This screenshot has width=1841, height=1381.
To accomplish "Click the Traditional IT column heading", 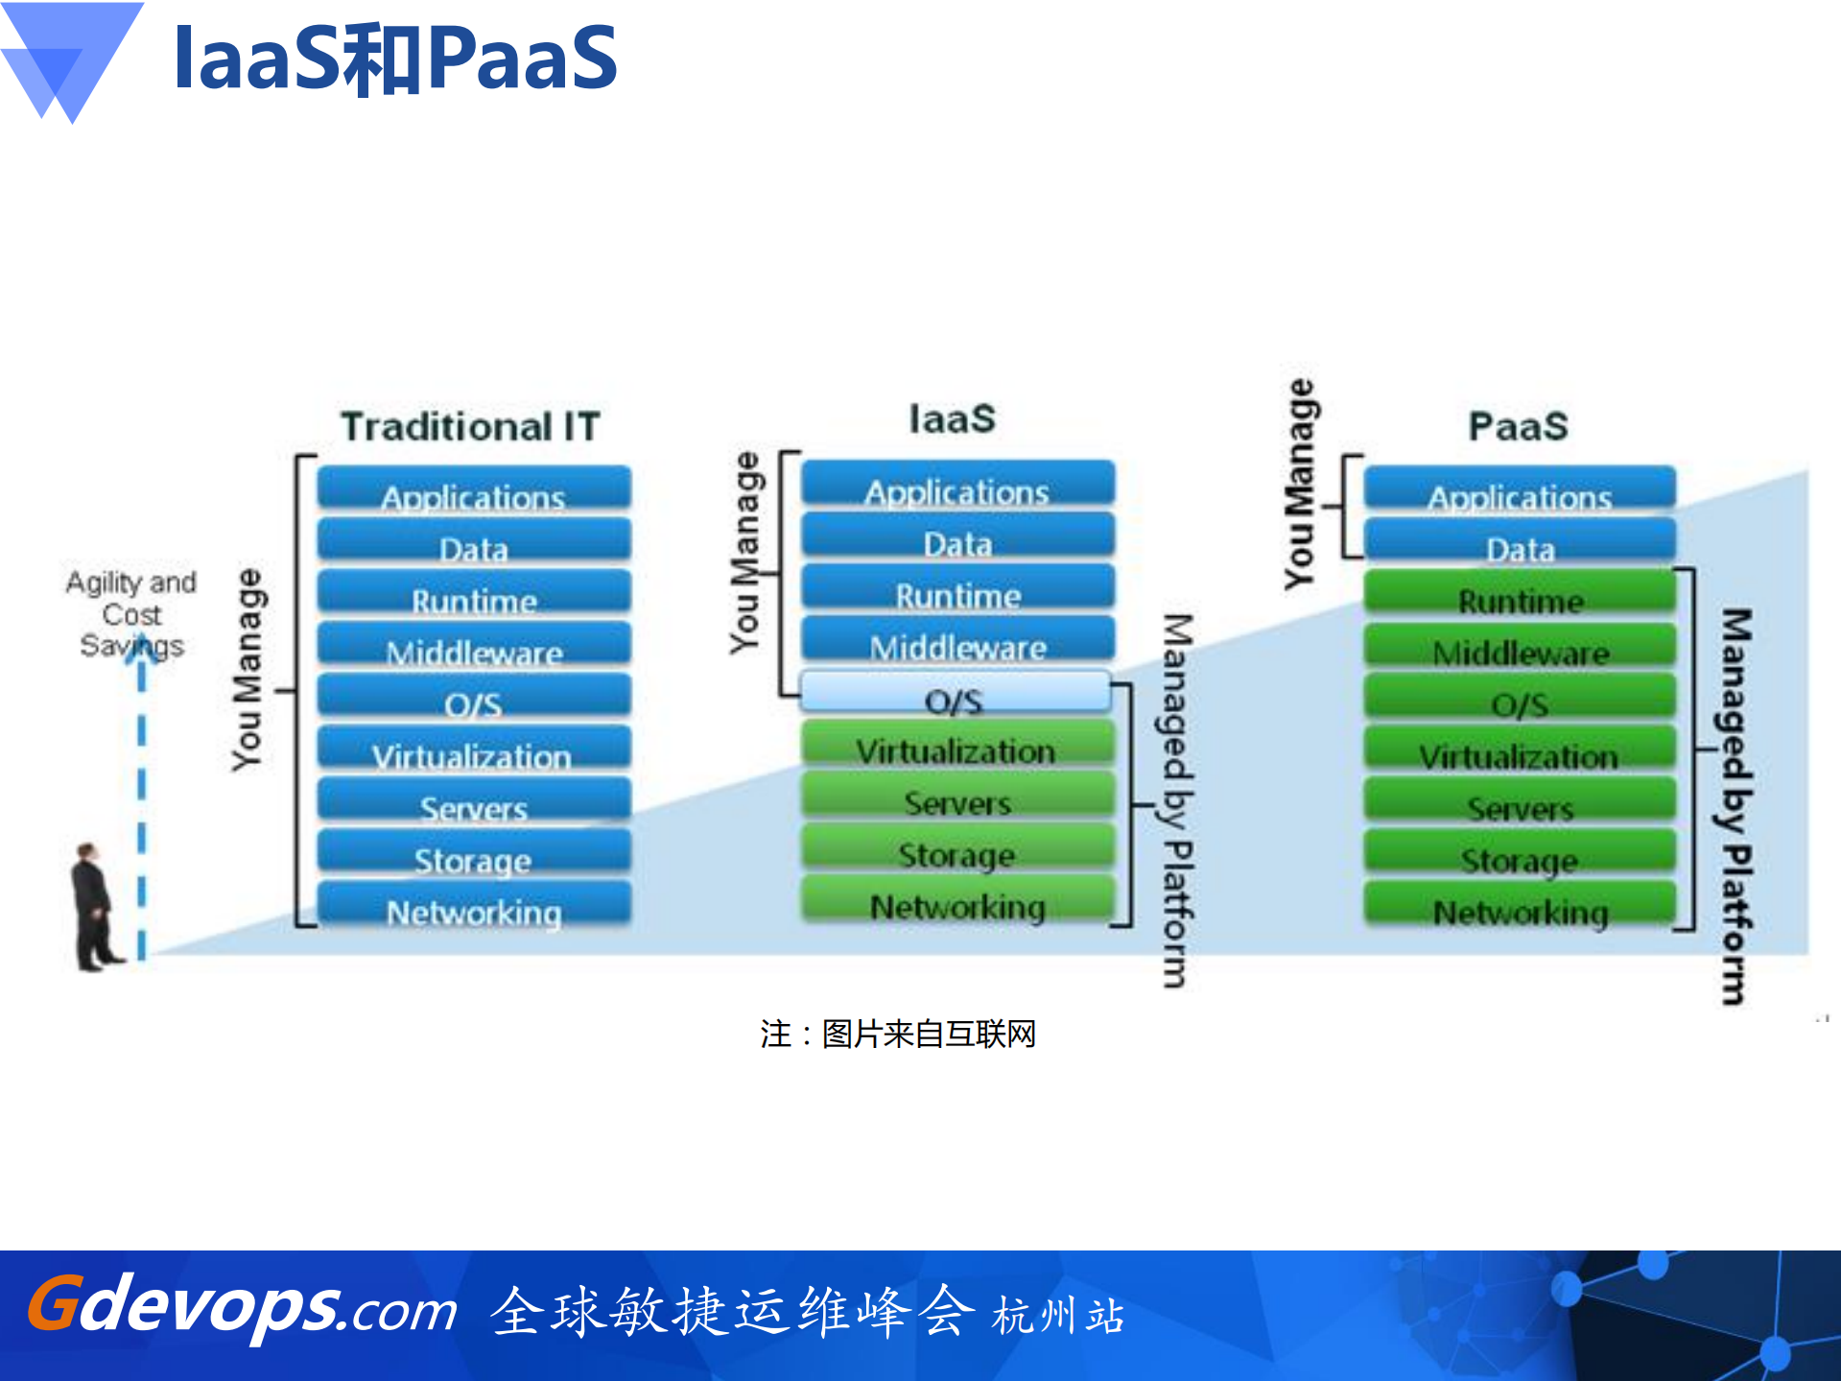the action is pos(470,426).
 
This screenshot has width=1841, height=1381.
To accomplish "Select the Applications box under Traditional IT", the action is pos(474,489).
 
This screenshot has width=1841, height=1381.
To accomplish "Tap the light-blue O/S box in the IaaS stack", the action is pos(956,693).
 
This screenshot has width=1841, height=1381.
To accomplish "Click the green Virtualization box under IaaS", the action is pos(958,745).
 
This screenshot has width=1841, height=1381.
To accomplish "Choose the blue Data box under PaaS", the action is pos(1520,541).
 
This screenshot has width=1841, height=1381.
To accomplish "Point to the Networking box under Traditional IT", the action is pos(474,905).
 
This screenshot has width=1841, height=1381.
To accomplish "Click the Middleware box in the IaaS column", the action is pos(958,639).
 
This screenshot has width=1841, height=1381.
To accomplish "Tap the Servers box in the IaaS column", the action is pos(958,797).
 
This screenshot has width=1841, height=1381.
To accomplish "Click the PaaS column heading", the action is pos(1518,426).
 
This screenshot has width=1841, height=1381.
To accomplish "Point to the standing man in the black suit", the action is pos(94,907).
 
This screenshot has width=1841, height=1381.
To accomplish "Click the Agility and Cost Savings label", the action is pos(131,613).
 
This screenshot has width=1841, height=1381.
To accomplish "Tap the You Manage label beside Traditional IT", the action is pos(248,669).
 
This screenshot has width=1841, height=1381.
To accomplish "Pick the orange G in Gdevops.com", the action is pos(54,1303).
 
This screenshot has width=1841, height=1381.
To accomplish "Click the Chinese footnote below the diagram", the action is pos(898,1034).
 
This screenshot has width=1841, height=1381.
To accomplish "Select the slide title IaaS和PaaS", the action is pos(395,59).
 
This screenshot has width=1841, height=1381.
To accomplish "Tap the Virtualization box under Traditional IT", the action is pos(474,749).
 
